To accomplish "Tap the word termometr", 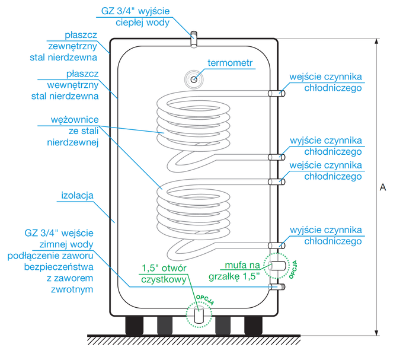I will [x=231, y=63].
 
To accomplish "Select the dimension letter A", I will [x=383, y=187].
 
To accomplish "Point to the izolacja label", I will [x=78, y=195].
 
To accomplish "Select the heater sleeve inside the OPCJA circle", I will [x=276, y=266].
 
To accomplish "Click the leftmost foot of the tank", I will [x=134, y=324].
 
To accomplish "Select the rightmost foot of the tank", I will [x=253, y=324].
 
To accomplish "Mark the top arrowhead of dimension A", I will [x=375, y=42].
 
